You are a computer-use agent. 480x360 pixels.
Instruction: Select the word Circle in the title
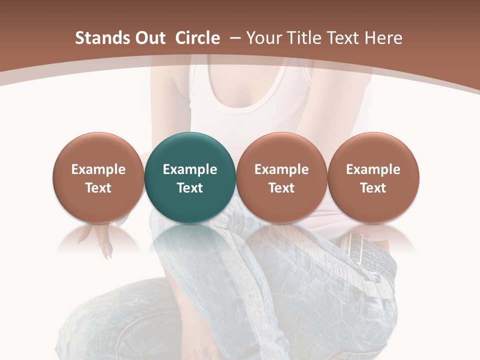tap(197, 38)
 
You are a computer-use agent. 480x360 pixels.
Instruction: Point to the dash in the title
tap(234, 38)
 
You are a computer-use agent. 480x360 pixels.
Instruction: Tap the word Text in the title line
tap(343, 38)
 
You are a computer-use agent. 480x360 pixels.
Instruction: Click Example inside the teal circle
tap(190, 169)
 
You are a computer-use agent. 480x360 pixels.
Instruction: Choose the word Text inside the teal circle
tap(190, 188)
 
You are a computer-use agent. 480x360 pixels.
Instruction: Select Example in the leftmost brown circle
tap(98, 169)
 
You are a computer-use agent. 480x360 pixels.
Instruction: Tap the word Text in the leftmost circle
tap(98, 188)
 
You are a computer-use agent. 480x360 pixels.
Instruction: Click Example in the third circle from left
tap(281, 169)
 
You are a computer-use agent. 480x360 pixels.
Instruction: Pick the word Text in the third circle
tap(281, 188)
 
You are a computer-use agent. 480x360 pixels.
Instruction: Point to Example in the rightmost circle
tap(373, 169)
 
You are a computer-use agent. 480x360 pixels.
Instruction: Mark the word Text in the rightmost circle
tap(373, 188)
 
